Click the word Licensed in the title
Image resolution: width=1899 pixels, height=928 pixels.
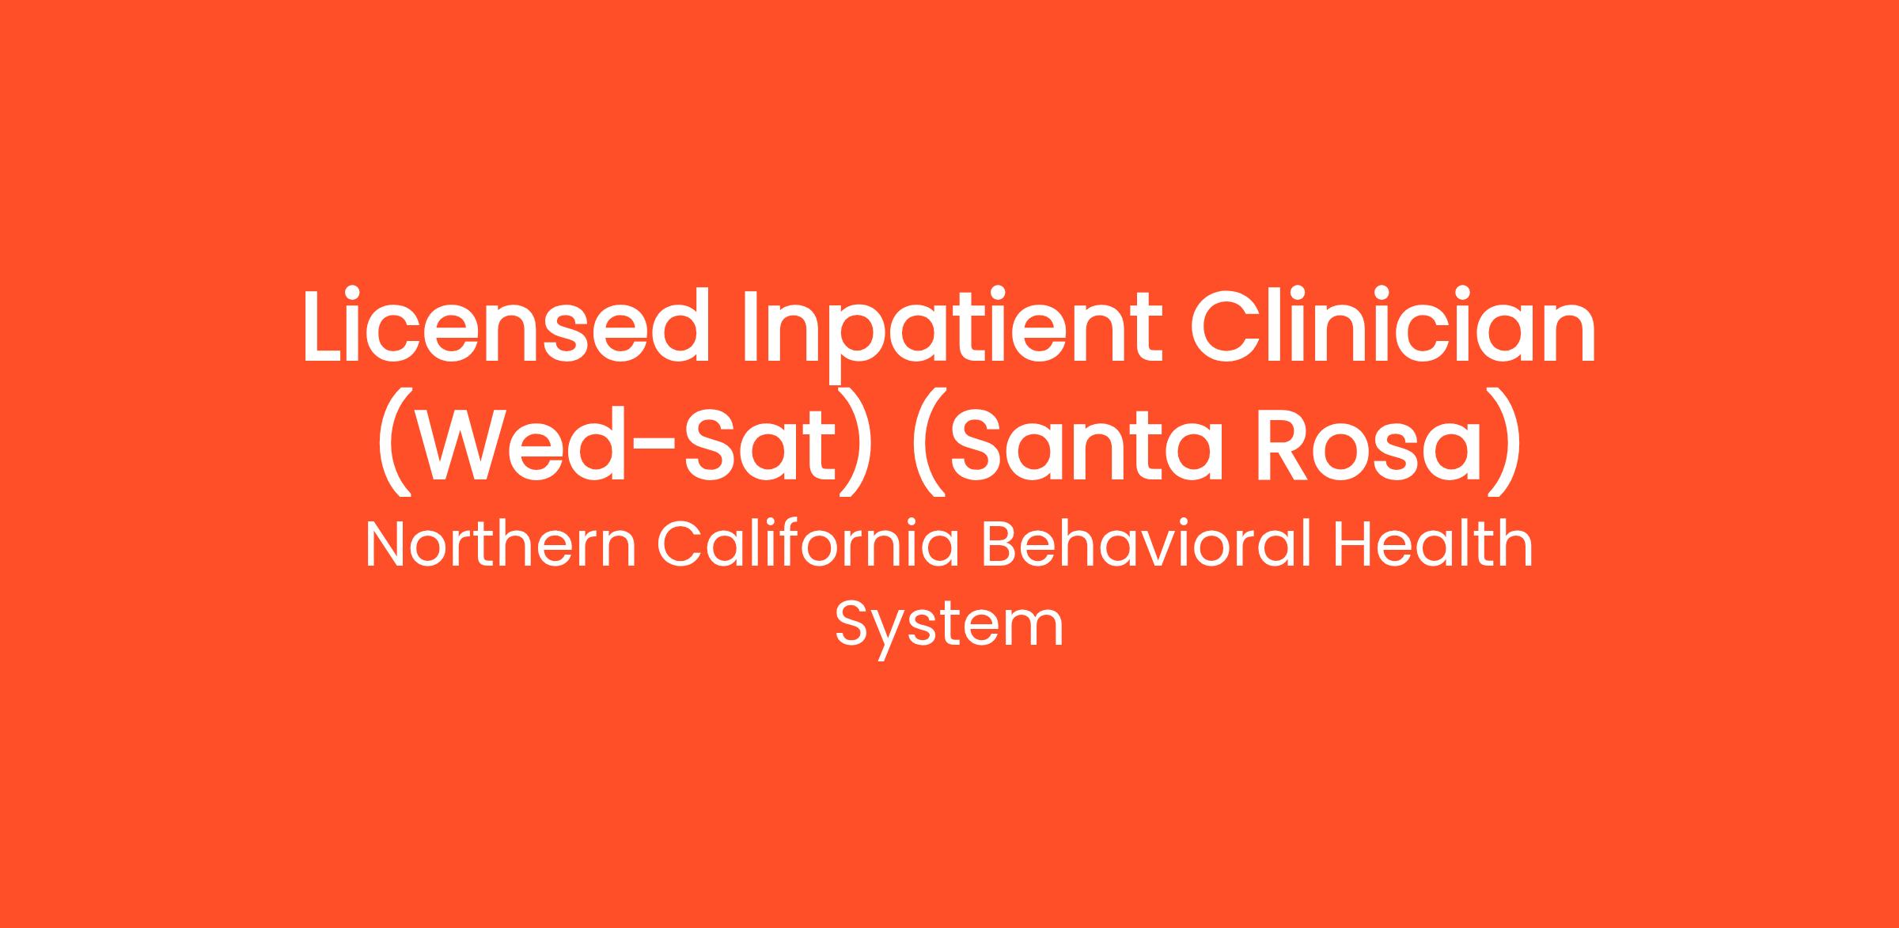pos(506,326)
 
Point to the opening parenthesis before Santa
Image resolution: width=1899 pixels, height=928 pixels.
pos(927,443)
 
